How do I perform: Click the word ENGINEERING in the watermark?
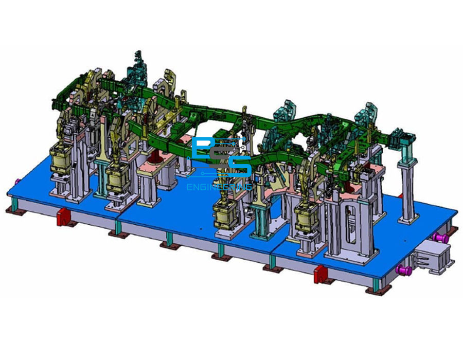[x=219, y=187]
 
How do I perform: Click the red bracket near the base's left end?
[x=63, y=217]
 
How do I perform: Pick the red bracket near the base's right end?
[x=320, y=274]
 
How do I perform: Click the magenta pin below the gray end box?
[x=404, y=269]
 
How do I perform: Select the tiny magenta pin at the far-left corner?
[x=17, y=181]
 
